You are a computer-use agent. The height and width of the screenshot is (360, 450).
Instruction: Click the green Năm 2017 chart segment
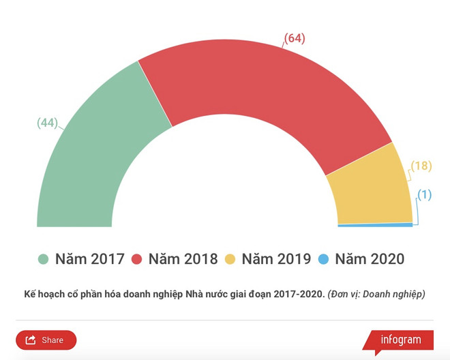tap(95, 164)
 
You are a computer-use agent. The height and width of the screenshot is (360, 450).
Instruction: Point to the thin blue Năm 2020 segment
tap(375, 224)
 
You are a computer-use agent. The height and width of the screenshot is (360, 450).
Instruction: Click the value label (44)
tap(46, 123)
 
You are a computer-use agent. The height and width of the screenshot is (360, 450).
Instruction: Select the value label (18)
tap(421, 166)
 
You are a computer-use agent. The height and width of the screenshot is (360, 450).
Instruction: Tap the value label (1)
tap(425, 194)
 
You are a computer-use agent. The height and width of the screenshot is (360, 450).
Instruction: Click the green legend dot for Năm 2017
tap(44, 259)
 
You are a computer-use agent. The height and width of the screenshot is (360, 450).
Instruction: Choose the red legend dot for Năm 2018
tap(136, 259)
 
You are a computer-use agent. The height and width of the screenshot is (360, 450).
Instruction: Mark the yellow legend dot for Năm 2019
tap(230, 259)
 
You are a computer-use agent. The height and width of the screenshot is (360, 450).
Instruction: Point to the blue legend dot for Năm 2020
tap(324, 259)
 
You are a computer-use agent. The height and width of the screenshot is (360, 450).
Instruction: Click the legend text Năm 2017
tap(90, 259)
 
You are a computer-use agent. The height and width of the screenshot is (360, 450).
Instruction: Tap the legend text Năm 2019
tap(276, 259)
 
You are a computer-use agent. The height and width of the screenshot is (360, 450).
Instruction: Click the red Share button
tap(46, 340)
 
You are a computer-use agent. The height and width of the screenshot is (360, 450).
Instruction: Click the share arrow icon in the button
tap(31, 340)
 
